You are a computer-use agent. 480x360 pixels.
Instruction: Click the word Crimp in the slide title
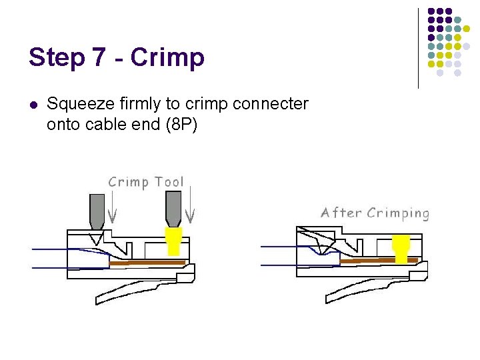coord(167,58)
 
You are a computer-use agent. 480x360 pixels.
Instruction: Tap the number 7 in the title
coord(99,57)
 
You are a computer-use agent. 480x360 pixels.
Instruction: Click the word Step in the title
coord(56,58)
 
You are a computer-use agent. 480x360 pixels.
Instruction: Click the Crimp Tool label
coord(146,182)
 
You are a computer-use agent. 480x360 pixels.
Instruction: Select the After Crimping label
coord(375,213)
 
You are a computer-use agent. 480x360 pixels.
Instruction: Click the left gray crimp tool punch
coord(97,210)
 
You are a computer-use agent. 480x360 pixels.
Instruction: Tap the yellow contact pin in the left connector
coord(174,241)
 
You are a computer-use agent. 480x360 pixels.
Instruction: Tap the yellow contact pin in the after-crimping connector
coord(401,249)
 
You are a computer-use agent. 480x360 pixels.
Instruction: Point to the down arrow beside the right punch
coord(191,207)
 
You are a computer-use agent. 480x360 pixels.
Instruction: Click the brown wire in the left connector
coord(147,263)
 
